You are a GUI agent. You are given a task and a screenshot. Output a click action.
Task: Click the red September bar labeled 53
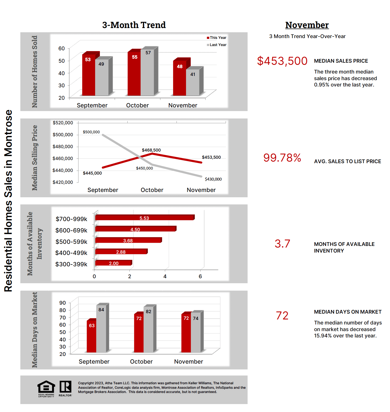[89, 75]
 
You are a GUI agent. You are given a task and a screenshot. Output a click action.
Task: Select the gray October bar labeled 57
[147, 73]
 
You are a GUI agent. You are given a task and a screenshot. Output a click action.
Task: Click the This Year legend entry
[217, 38]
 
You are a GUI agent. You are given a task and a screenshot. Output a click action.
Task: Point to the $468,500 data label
[151, 150]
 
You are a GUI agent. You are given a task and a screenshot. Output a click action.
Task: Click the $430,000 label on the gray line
[213, 179]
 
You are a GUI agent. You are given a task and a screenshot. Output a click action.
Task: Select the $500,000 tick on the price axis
[63, 135]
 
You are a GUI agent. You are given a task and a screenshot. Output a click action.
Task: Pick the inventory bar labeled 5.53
[145, 218]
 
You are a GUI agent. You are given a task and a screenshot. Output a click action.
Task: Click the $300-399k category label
[71, 264]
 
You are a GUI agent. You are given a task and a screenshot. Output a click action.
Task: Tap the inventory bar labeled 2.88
[121, 252]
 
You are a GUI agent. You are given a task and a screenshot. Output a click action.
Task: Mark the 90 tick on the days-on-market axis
[63, 303]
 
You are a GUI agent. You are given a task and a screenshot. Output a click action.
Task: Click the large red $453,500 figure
[282, 61]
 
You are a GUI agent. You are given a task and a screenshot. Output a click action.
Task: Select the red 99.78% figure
[282, 158]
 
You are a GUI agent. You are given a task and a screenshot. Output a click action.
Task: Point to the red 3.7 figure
[282, 244]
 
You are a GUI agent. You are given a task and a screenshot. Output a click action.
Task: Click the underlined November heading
[307, 25]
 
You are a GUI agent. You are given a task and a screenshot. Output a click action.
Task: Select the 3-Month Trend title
[134, 25]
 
